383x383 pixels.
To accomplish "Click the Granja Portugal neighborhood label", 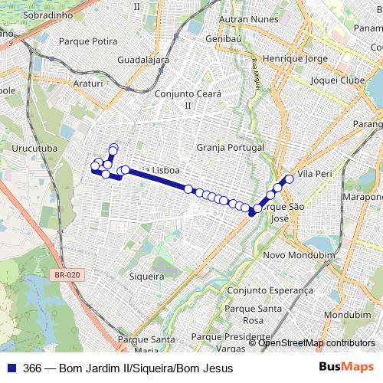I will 230,147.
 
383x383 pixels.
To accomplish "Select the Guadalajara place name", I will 143,59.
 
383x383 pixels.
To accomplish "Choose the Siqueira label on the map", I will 147,276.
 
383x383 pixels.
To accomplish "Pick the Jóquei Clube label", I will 337,80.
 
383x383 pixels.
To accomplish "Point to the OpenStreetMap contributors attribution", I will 316,343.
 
